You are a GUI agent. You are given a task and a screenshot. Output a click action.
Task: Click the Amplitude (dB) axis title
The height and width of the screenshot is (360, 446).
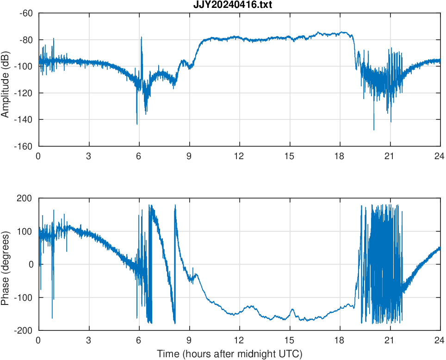point(6,80)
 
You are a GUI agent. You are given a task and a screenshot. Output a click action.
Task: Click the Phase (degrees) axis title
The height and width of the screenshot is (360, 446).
point(6,264)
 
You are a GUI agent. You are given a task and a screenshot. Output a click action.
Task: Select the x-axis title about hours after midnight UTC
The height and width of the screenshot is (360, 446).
point(229,354)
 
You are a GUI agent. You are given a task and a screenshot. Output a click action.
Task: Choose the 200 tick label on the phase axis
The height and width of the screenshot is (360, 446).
point(26,199)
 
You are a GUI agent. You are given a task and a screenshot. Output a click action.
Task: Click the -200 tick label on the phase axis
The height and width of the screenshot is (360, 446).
point(25,330)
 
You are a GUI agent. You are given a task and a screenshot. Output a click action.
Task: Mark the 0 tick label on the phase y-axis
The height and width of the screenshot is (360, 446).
point(31,264)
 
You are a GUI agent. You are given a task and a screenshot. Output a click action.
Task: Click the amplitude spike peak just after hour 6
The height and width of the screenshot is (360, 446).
point(141,37)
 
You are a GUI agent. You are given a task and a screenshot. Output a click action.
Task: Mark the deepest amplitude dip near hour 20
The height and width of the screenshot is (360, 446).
point(374,130)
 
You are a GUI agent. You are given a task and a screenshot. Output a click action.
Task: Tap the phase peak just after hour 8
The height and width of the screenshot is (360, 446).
point(175,205)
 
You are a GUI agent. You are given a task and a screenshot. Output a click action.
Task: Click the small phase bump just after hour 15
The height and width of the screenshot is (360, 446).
point(292,309)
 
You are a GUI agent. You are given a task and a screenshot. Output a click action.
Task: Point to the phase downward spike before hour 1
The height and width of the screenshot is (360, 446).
point(52,318)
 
